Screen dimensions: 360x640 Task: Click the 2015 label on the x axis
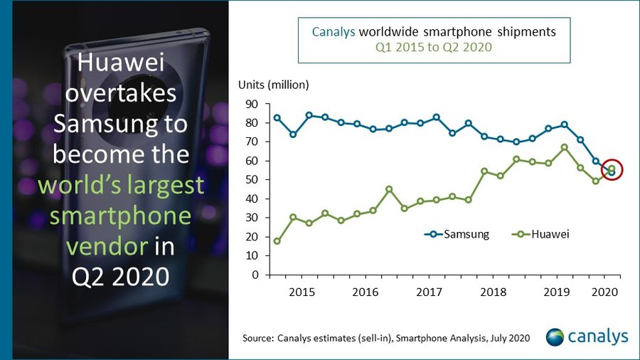302,292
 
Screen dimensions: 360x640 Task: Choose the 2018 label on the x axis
493,292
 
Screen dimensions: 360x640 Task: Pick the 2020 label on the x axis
604,292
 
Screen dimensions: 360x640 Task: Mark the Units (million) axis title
273,85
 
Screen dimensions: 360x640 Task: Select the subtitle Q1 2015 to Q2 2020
434,48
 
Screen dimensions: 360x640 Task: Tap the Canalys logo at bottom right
587,337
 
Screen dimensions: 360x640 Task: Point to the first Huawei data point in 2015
277,241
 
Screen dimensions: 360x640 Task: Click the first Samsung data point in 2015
277,118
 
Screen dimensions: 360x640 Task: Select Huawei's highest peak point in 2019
564,147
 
